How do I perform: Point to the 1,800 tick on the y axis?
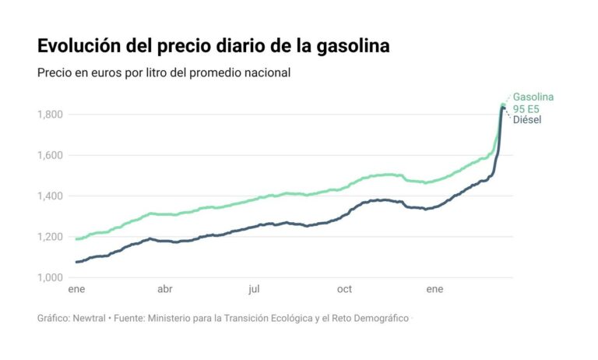tap(50, 115)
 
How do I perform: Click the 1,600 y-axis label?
tap(50, 155)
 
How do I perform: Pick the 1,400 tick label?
tap(50, 196)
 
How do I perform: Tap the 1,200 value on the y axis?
tap(50, 237)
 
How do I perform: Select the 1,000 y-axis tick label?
tap(50, 277)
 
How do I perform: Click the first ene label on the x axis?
tap(76, 290)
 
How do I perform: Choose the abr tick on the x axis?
tap(164, 290)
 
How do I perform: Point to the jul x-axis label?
tap(254, 290)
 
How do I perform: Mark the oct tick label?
tap(344, 290)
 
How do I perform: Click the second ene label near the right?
tap(434, 290)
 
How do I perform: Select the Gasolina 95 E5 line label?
tap(533, 102)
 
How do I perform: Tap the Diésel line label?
tap(526, 119)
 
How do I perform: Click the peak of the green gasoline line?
tap(503, 104)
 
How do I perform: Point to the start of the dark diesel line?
tap(76, 262)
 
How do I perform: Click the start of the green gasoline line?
tap(76, 238)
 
